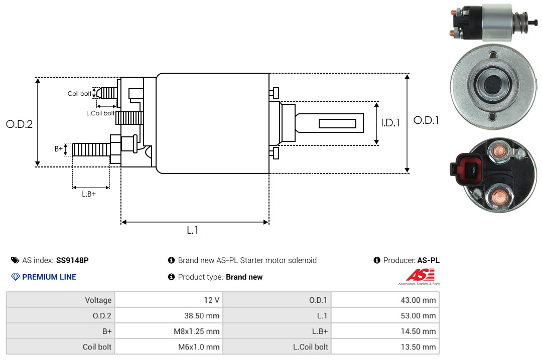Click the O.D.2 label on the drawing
pos(19,124)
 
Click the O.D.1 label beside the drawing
pos(426,120)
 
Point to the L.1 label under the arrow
pos(193,231)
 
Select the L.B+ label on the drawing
pos(89,194)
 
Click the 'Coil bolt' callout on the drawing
pos(79,94)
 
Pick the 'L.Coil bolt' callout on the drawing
pos(100,113)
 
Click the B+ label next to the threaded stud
pos(59,149)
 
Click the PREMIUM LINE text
pos(49,277)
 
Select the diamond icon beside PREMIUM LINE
pos(15,277)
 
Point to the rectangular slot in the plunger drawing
pos(338,123)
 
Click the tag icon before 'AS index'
pos(15,260)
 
